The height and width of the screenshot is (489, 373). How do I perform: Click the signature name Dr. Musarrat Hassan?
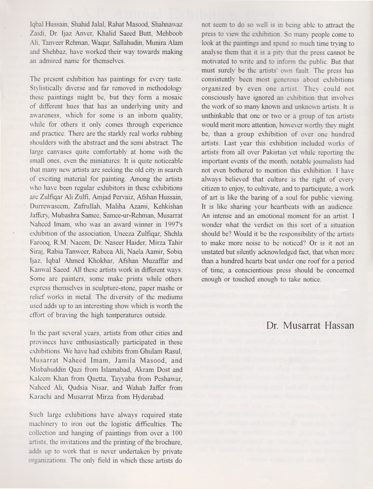tap(310, 326)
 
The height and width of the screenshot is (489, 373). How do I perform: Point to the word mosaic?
tap(169, 97)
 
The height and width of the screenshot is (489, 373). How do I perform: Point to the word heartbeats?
tap(277, 207)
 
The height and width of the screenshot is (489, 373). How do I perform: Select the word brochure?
tap(168, 442)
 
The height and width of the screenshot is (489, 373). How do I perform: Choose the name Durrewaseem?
tap(47, 206)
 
